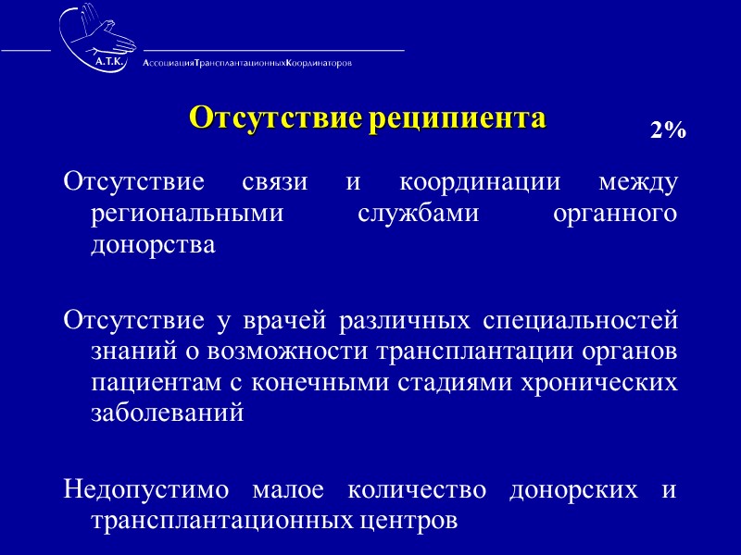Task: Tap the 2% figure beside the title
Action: click(x=667, y=131)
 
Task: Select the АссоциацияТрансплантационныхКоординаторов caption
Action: click(x=247, y=63)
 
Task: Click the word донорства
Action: click(x=153, y=247)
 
